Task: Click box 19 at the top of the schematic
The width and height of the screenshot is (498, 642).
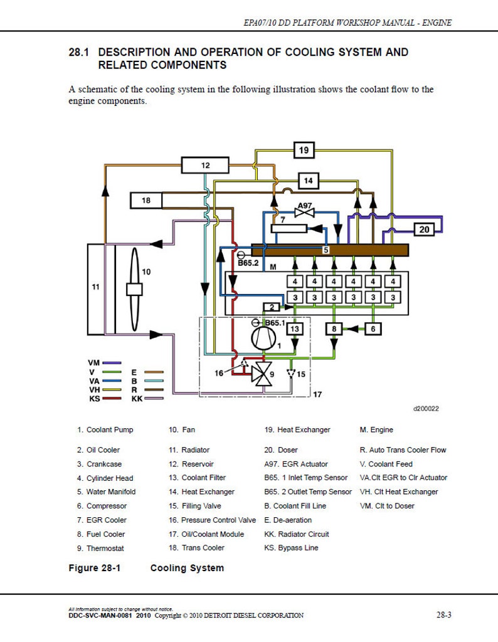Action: [304, 150]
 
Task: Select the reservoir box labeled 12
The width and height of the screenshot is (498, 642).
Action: [206, 166]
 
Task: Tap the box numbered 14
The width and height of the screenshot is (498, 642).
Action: [307, 181]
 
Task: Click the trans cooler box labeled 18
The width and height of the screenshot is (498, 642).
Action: [146, 201]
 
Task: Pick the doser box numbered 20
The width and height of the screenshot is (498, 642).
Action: [425, 229]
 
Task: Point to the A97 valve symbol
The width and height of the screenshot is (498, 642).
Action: [304, 213]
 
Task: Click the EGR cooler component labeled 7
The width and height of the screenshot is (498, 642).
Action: [297, 228]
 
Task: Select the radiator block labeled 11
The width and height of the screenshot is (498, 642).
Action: [95, 288]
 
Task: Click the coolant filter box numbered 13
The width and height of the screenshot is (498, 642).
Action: [296, 328]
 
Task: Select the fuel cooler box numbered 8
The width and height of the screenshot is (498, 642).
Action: [334, 328]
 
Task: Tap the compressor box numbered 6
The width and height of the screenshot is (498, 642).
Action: [373, 328]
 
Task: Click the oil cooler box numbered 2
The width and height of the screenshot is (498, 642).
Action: [272, 307]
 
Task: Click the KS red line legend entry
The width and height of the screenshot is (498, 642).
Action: [103, 398]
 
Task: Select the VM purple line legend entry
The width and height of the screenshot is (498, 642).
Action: [103, 363]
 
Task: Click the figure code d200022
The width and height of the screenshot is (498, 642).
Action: [426, 409]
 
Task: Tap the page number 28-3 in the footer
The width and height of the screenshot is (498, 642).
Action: [443, 615]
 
